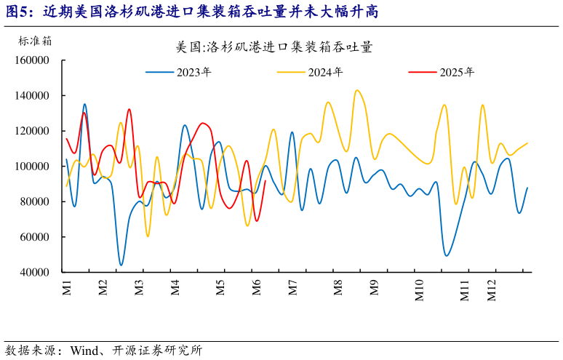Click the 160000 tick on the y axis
click(32, 60)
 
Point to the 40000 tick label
click(34, 272)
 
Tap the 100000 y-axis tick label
click(32, 167)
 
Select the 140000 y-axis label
click(32, 96)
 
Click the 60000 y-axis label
click(34, 237)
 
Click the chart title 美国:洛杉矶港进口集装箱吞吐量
click(274, 48)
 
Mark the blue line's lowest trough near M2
click(121, 265)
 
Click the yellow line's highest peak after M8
click(356, 90)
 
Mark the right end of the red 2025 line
click(265, 181)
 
